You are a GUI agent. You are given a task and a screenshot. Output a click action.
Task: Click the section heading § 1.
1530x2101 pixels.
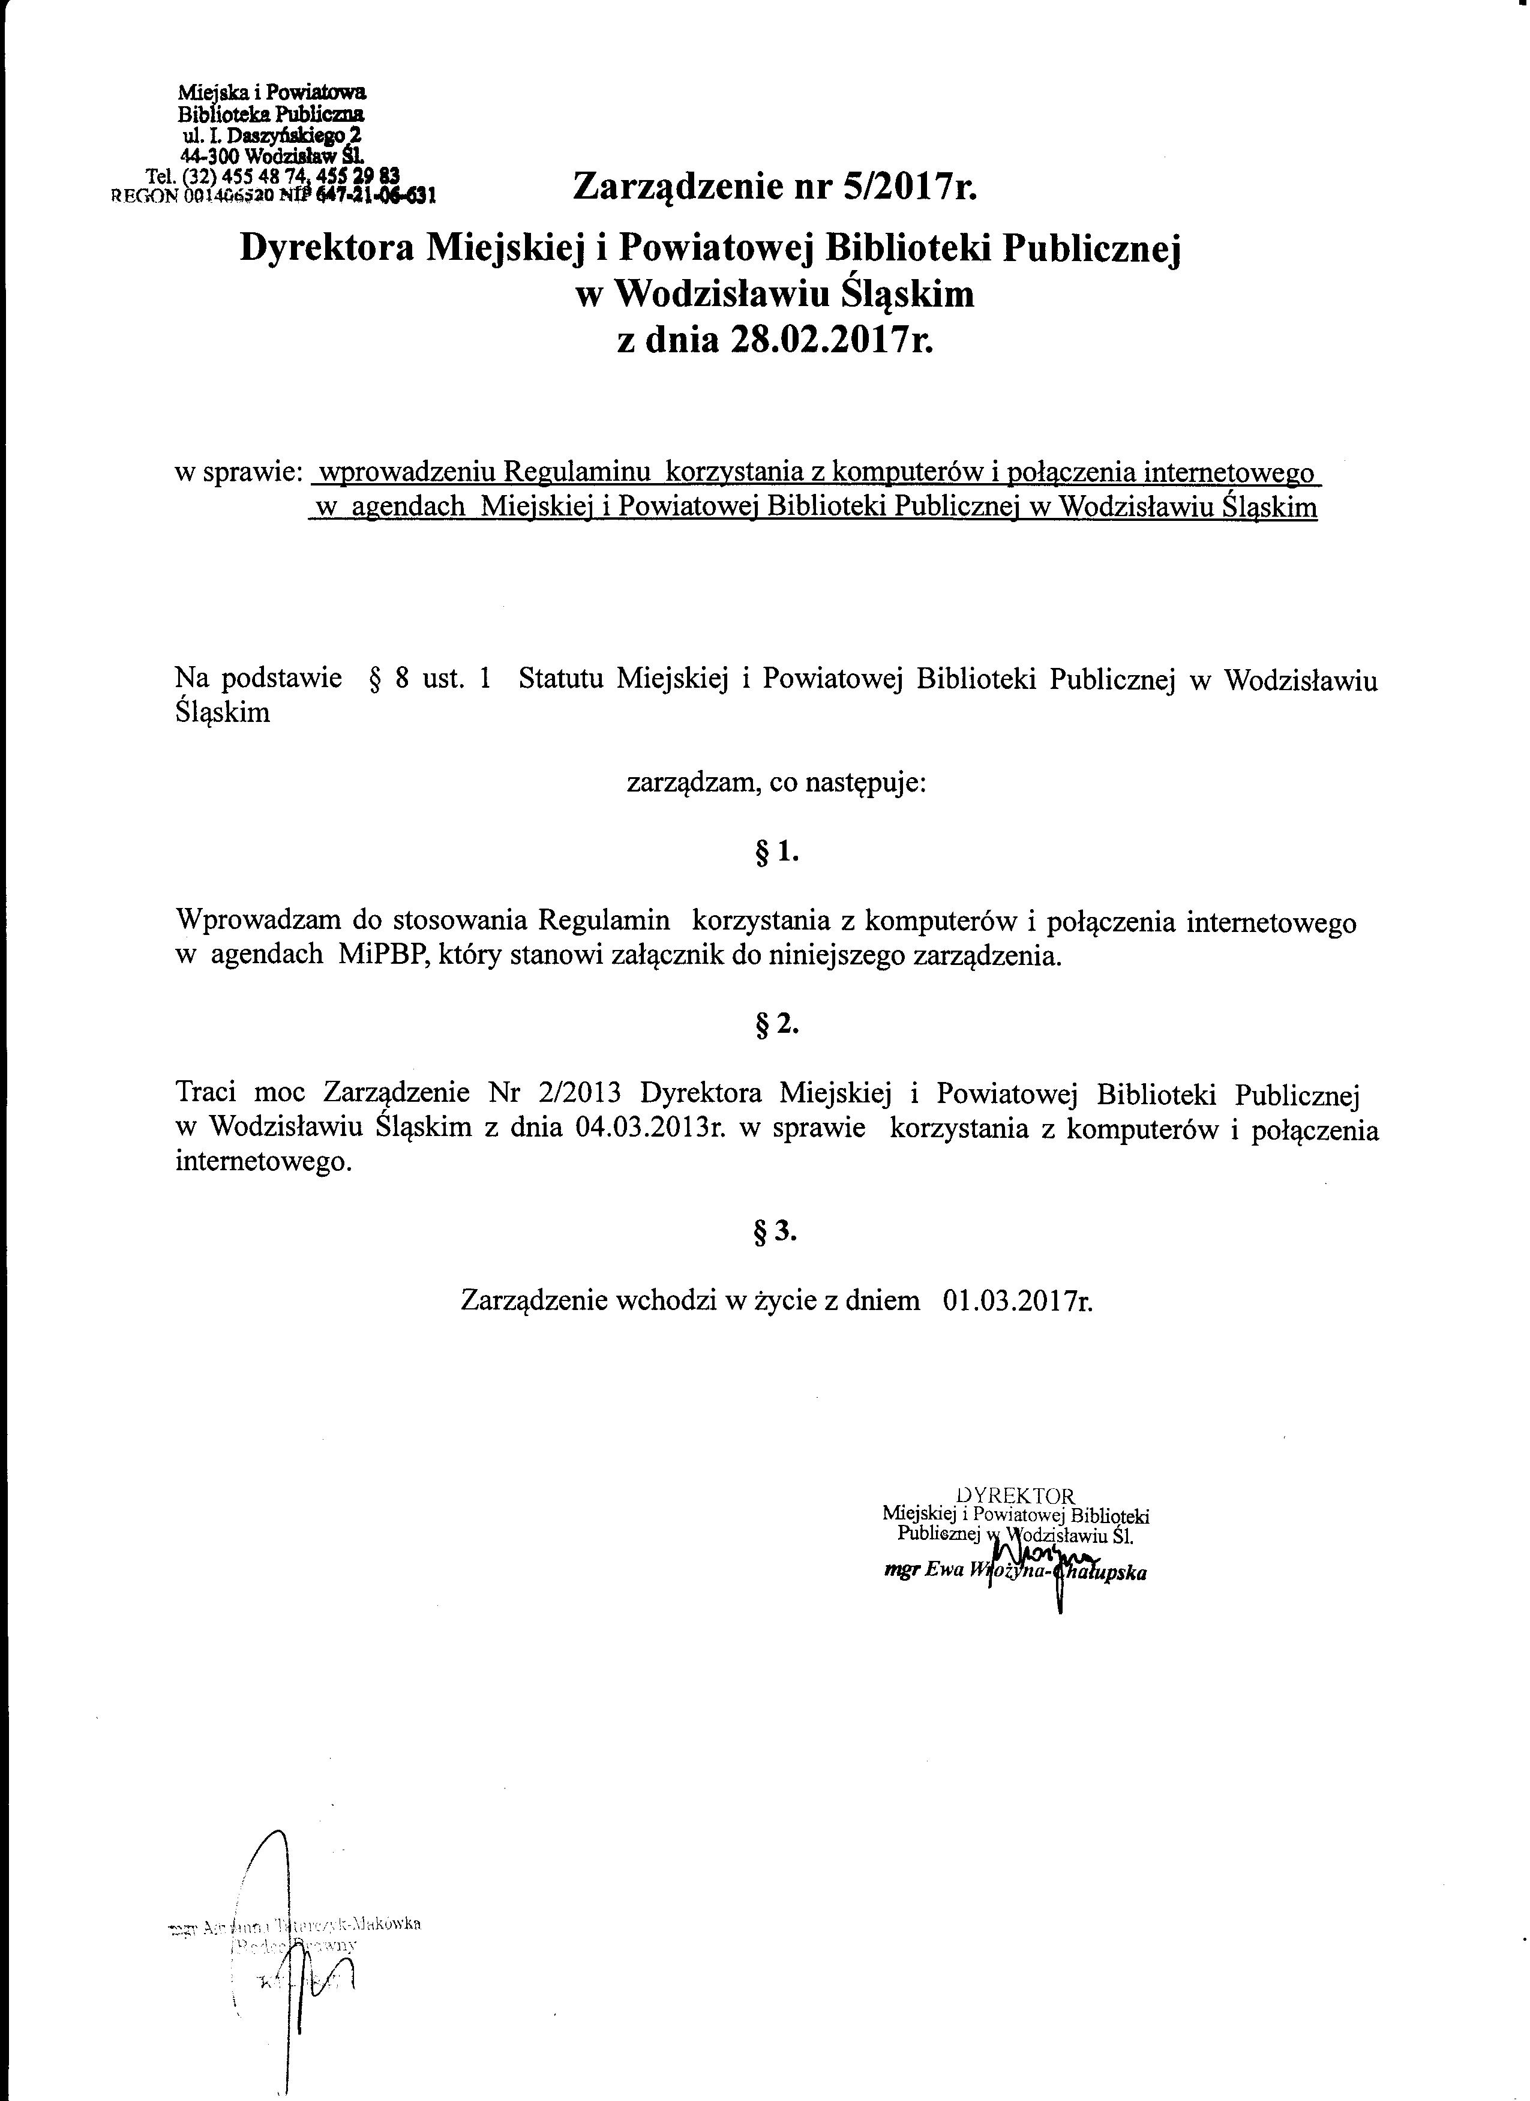click(x=776, y=852)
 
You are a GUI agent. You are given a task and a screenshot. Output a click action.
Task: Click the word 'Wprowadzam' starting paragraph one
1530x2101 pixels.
click(x=259, y=922)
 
